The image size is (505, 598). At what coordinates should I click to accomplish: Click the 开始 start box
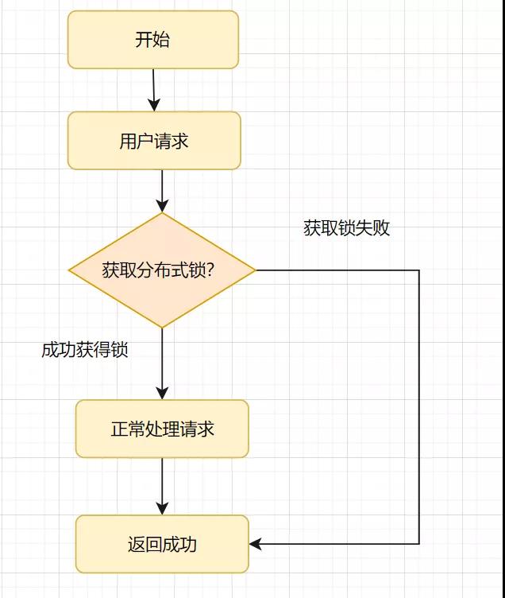(153, 40)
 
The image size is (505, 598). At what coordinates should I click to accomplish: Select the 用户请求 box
(154, 141)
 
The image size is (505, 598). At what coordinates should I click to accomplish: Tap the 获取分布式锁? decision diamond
(162, 270)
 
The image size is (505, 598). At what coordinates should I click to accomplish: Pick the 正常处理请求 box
(162, 429)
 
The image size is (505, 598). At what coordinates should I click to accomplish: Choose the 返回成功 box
(162, 544)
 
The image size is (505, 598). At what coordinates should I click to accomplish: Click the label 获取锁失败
(346, 228)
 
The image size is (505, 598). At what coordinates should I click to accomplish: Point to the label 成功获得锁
(85, 350)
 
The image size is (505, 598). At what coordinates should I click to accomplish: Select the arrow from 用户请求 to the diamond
(162, 191)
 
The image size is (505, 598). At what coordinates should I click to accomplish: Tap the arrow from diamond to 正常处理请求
(162, 363)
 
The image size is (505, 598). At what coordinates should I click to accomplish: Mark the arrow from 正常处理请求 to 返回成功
(162, 486)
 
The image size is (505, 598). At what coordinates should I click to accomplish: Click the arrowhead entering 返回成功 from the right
(255, 544)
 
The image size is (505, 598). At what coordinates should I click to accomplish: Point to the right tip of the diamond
(255, 270)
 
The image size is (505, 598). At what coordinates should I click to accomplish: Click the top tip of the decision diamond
(162, 214)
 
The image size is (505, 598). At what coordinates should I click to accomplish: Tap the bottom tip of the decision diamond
(162, 327)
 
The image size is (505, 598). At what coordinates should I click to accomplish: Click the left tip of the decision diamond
(70, 270)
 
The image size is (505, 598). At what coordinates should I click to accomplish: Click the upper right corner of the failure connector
(418, 270)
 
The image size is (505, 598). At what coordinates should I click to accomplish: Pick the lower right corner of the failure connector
(418, 544)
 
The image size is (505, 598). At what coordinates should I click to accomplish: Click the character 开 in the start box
(144, 40)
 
